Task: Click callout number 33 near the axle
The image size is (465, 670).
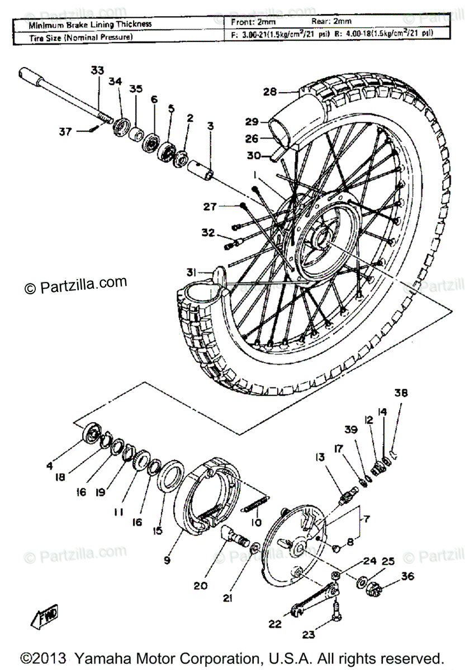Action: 97,70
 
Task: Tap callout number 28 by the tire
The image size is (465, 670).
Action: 270,92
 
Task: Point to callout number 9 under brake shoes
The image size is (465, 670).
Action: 167,559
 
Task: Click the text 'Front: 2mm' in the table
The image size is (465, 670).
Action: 253,22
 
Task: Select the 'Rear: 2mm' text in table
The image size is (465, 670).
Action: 332,22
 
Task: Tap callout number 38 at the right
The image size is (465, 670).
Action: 401,393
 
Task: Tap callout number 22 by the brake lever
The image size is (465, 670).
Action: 274,624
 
